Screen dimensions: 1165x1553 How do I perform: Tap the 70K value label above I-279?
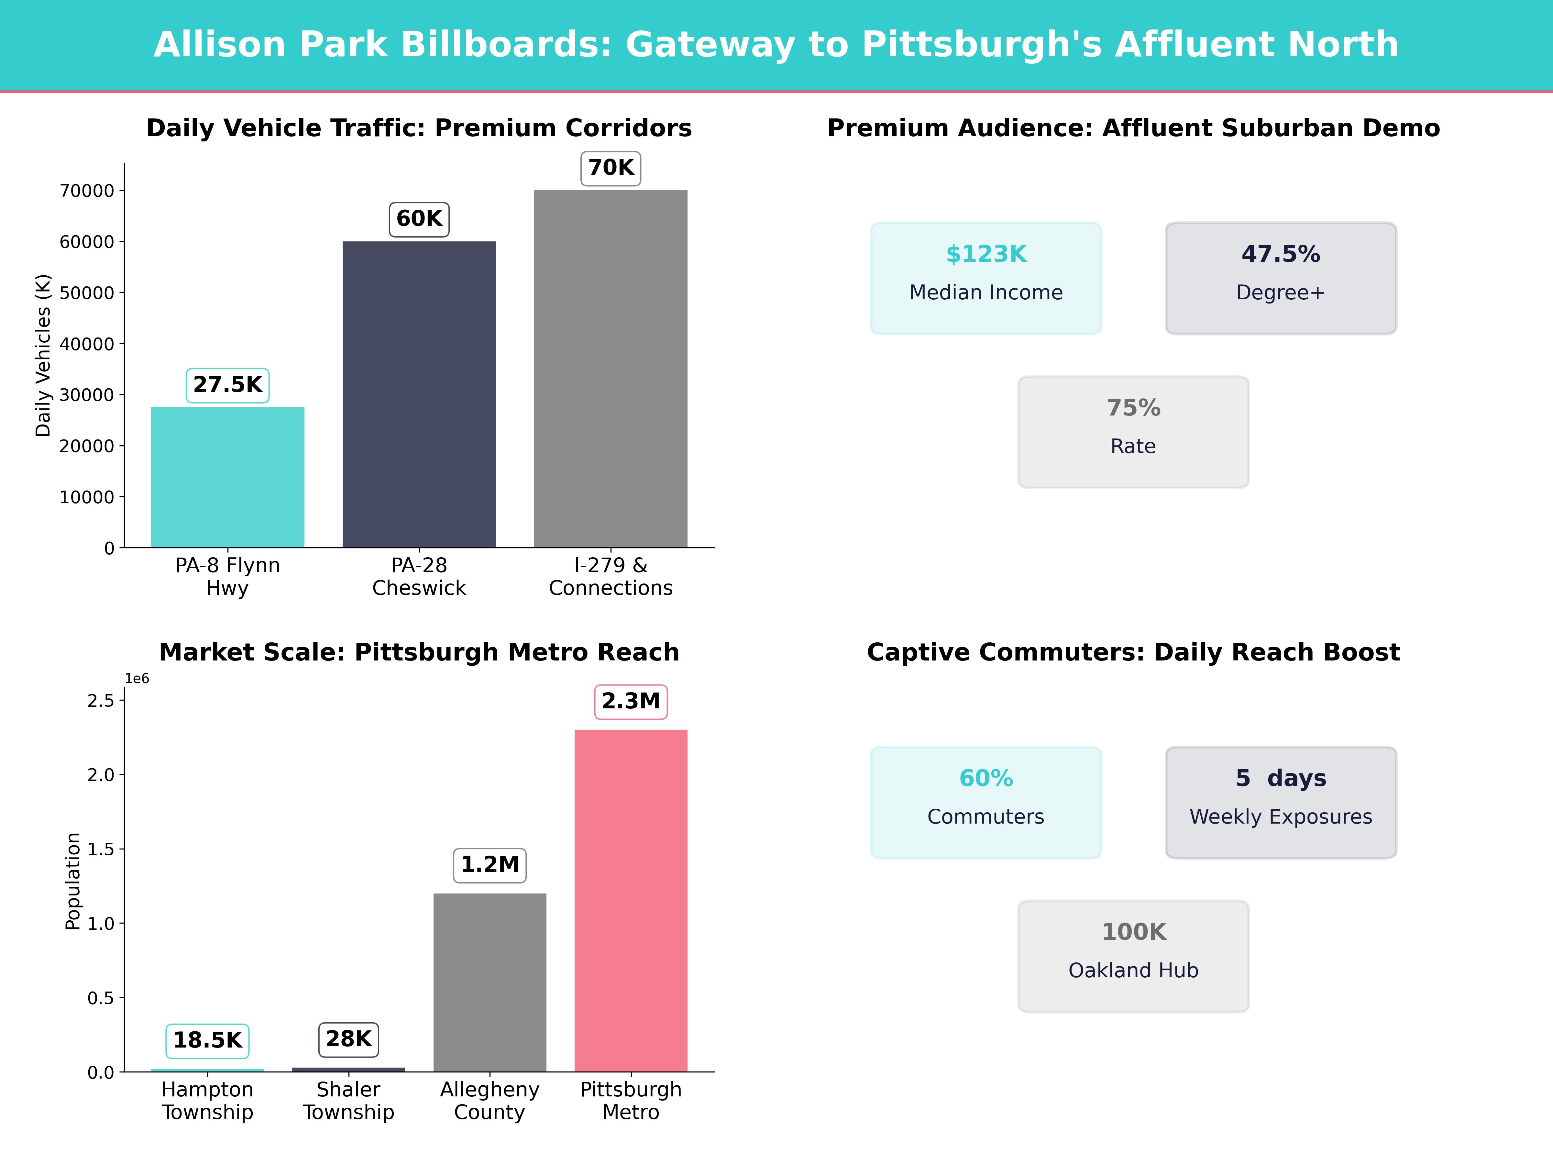pyautogui.click(x=611, y=168)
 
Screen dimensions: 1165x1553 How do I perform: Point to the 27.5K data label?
pyautogui.click(x=227, y=385)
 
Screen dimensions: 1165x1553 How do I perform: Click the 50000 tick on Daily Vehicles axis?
pyautogui.click(x=87, y=293)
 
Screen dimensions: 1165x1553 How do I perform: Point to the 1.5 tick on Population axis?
pyautogui.click(x=100, y=849)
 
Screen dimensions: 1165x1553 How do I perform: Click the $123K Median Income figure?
pyautogui.click(x=986, y=254)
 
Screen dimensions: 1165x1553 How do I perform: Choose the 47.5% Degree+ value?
pyautogui.click(x=1281, y=254)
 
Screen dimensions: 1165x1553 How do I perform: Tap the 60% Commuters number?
pyautogui.click(x=986, y=778)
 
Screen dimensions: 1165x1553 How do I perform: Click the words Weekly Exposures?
pyautogui.click(x=1281, y=817)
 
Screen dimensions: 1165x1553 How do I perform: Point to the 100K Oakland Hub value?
pyautogui.click(x=1133, y=932)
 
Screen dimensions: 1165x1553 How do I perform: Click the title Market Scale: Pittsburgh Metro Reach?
pyautogui.click(x=419, y=652)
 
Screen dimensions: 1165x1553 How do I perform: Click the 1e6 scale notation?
pyautogui.click(x=137, y=678)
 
